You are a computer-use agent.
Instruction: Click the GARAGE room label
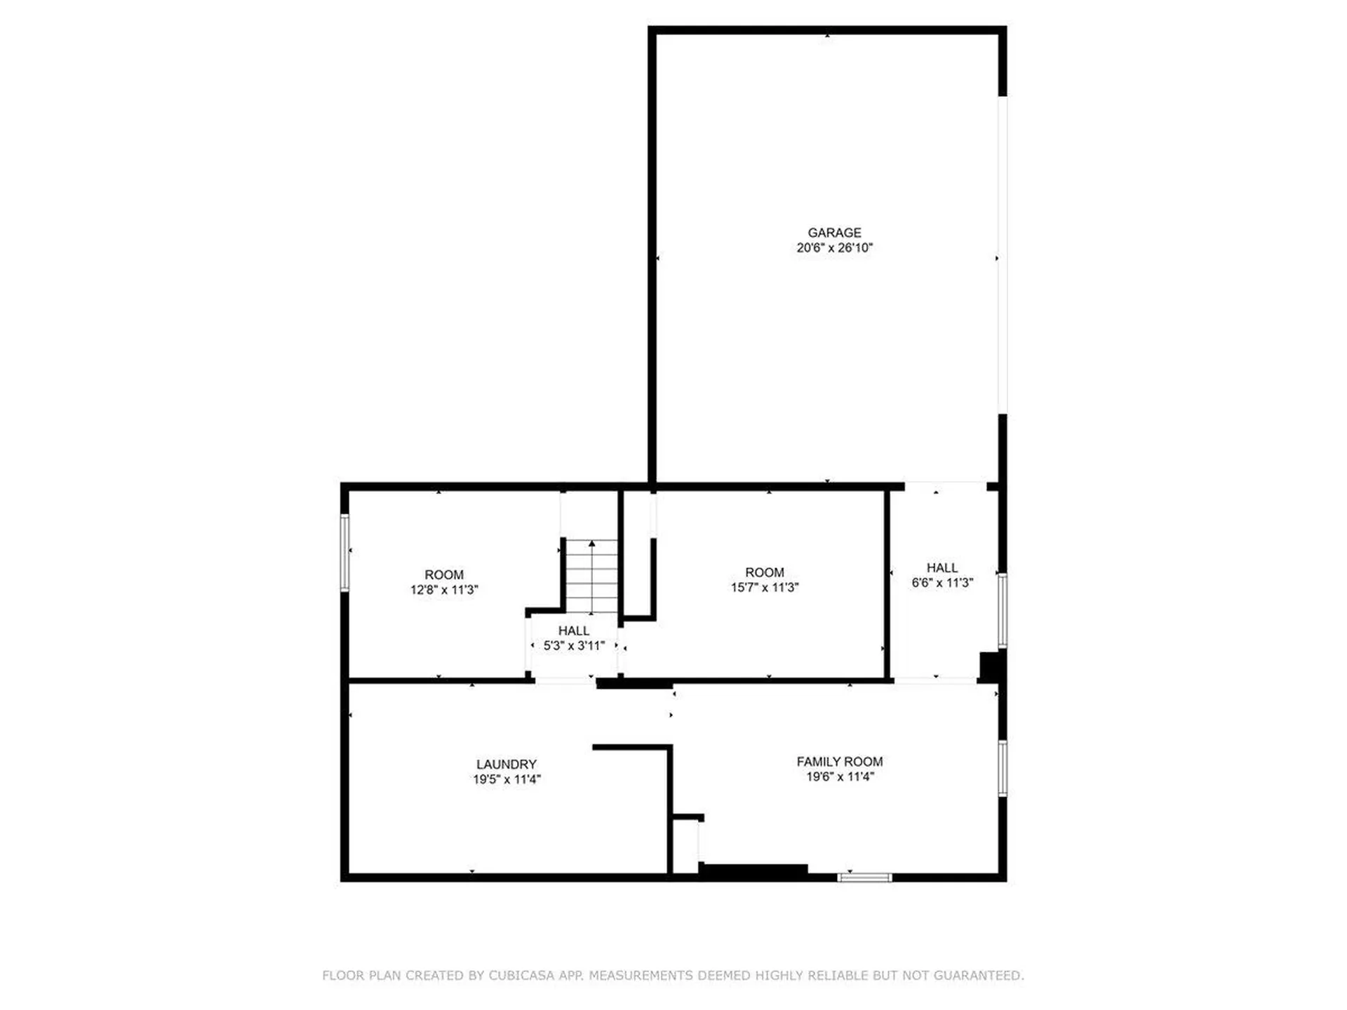tap(834, 233)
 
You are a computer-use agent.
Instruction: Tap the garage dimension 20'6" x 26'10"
tap(834, 248)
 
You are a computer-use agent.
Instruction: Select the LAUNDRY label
tap(506, 765)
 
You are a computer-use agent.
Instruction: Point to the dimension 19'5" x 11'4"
tap(506, 779)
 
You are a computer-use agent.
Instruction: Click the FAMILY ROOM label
tap(839, 762)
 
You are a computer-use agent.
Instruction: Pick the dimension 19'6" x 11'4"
tap(839, 776)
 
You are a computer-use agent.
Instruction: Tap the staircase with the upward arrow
tap(592, 576)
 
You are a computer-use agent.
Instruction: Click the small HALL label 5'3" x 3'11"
tap(573, 631)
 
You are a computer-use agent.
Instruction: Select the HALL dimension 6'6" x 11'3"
tap(941, 583)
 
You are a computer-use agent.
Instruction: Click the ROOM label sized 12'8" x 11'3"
tap(443, 575)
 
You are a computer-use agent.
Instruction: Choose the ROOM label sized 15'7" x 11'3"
tap(764, 573)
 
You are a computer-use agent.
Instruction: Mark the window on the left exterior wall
tap(344, 552)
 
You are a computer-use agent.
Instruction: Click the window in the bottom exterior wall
tap(864, 877)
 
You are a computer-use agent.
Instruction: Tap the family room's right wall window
tap(1003, 768)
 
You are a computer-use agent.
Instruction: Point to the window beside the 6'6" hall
tap(1003, 610)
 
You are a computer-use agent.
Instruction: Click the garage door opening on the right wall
tap(1003, 255)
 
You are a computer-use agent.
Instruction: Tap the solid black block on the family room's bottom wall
tap(753, 871)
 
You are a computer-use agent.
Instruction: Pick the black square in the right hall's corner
tap(991, 666)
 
